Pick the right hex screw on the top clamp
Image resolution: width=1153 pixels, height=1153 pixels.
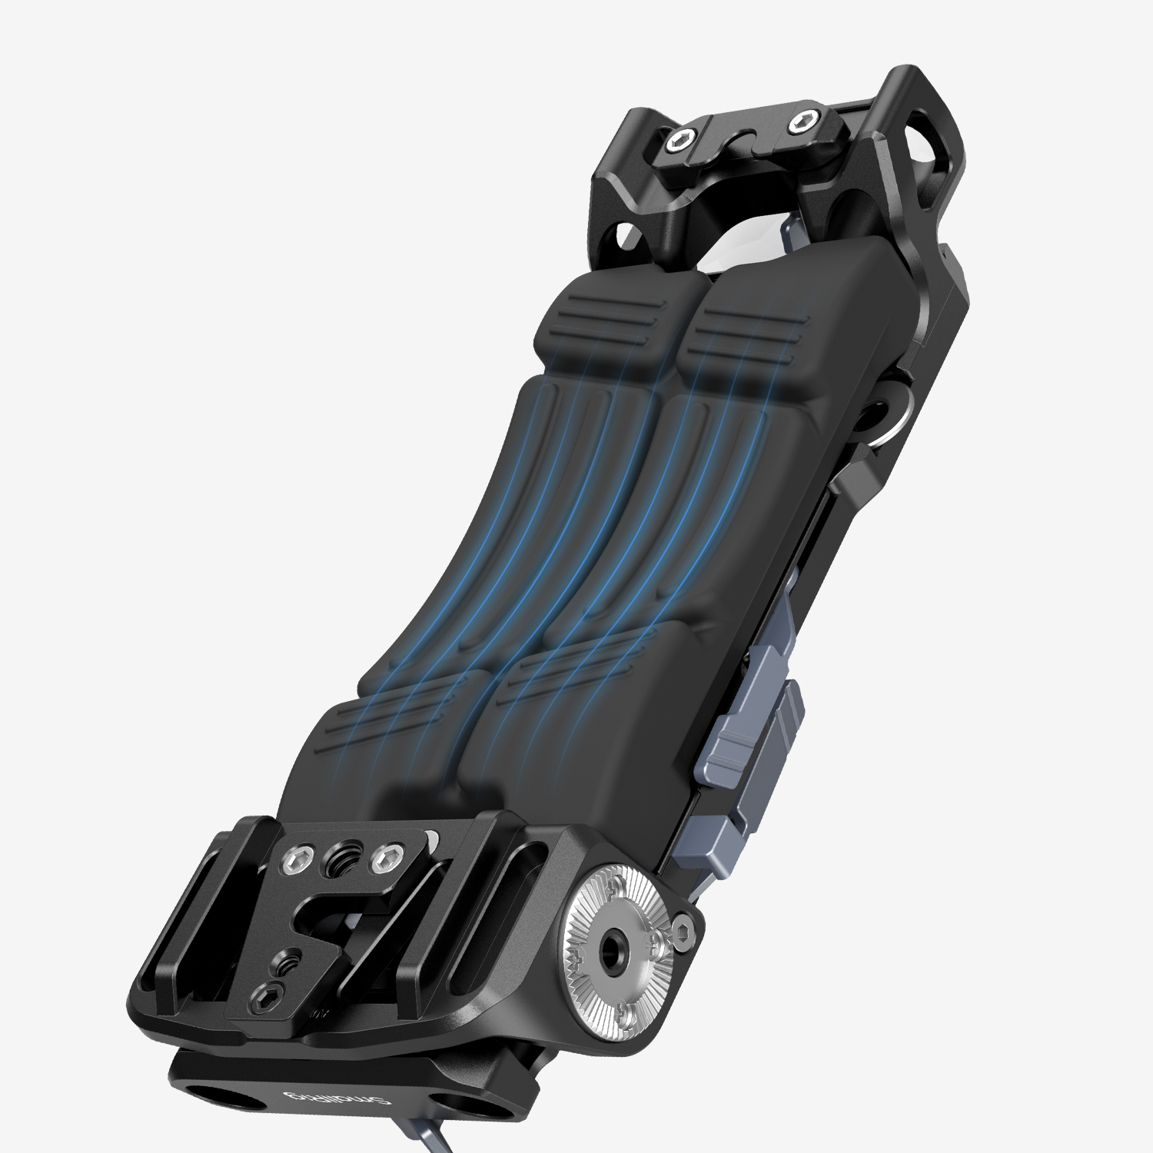click(x=803, y=121)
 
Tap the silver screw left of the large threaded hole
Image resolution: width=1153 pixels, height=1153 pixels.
click(x=296, y=859)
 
